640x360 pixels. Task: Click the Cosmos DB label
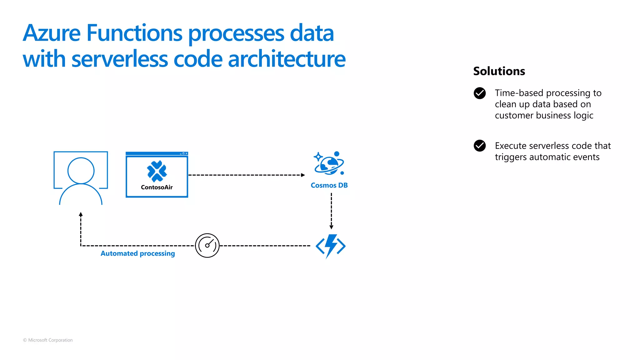[329, 185]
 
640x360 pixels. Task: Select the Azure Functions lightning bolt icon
[331, 246]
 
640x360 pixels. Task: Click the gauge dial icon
[207, 245]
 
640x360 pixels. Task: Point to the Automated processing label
[137, 253]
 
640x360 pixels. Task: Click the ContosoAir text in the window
[157, 187]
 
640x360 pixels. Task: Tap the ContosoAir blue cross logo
[157, 171]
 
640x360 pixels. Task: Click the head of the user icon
[81, 171]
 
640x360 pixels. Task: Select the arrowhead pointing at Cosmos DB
[303, 175]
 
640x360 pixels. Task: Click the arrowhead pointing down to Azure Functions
[331, 227]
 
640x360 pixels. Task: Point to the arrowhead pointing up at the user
[81, 214]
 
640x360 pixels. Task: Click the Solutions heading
[499, 71]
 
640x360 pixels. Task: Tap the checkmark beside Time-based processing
[479, 93]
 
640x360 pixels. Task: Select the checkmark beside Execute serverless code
[479, 146]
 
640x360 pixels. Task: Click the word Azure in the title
[52, 33]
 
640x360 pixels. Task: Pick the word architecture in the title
[287, 59]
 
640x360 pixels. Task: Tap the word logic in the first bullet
[583, 116]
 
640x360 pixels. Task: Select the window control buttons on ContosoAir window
[184, 153]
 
